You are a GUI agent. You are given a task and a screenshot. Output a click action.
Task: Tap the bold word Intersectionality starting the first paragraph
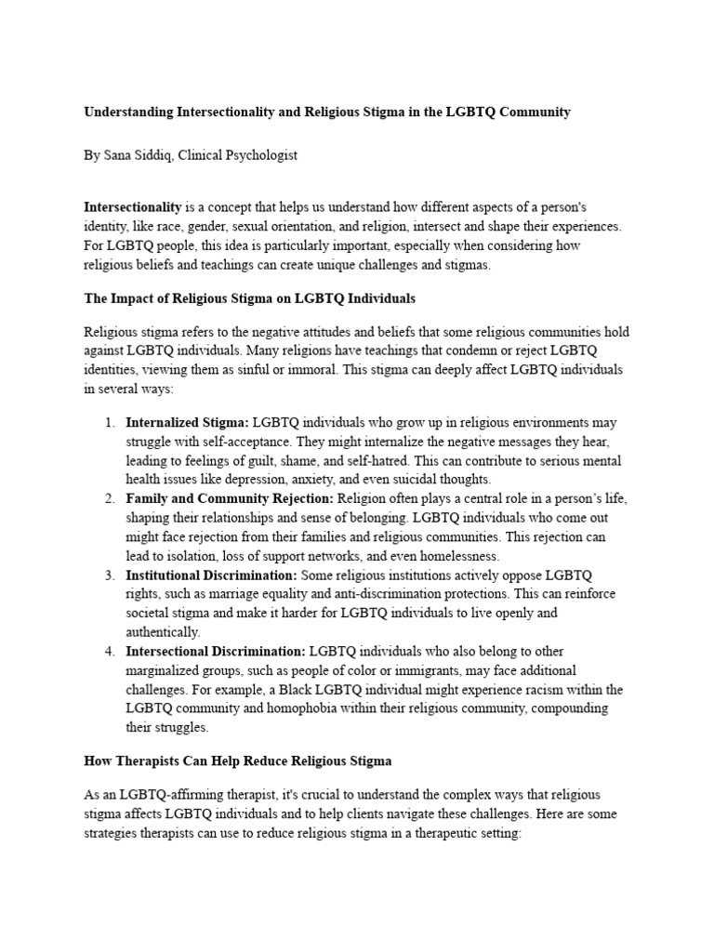point(132,206)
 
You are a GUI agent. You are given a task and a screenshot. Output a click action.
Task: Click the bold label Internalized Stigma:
point(187,422)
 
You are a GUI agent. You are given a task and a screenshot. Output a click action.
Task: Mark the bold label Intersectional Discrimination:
point(216,652)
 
